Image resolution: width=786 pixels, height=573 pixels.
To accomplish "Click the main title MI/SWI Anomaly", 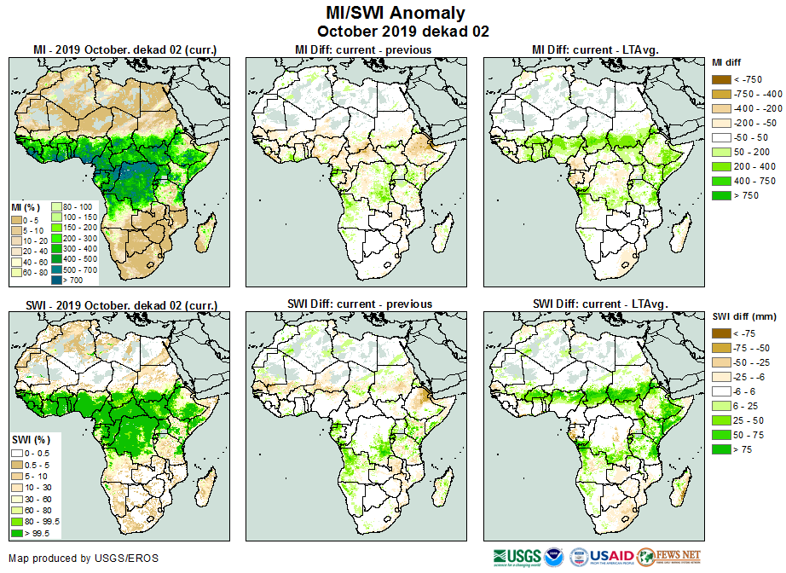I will tap(392, 13).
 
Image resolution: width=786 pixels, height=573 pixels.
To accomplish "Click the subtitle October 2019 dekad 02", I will tap(392, 32).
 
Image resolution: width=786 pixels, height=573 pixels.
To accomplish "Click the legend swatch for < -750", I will tap(721, 78).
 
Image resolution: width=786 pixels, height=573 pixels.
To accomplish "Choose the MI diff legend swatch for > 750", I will tap(721, 195).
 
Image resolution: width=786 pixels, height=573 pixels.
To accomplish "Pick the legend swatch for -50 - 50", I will tap(721, 136).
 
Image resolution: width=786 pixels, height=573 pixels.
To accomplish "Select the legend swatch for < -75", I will tap(721, 333).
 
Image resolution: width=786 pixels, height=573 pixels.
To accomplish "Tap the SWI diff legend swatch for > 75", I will tap(721, 449).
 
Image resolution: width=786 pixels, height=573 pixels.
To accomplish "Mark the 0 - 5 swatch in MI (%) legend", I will tap(17, 219).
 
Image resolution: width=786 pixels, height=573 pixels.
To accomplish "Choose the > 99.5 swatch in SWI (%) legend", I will tap(17, 533).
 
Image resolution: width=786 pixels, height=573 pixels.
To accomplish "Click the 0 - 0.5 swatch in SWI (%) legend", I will tap(17, 452).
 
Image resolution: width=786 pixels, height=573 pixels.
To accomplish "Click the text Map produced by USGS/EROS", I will tap(83, 559).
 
